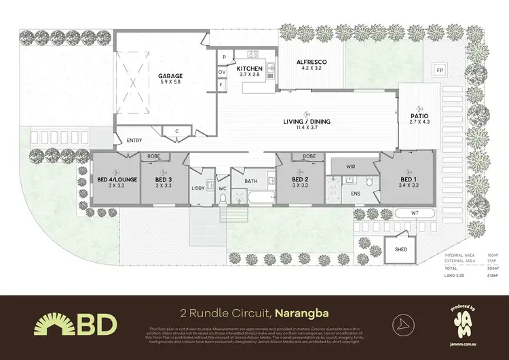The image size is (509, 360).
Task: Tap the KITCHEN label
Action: (249, 69)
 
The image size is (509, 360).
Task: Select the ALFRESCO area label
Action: (312, 62)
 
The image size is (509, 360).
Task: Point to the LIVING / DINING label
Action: (307, 122)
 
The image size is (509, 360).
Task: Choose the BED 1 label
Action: (409, 179)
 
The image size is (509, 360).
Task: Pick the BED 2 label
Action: (299, 179)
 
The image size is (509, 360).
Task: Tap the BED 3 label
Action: (162, 179)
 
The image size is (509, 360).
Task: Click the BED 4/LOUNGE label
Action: (117, 179)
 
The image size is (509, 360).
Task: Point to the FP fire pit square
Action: (440, 71)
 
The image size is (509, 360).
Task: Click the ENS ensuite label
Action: (356, 194)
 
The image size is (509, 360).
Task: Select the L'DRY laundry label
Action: (198, 187)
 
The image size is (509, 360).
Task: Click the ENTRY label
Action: (134, 141)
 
